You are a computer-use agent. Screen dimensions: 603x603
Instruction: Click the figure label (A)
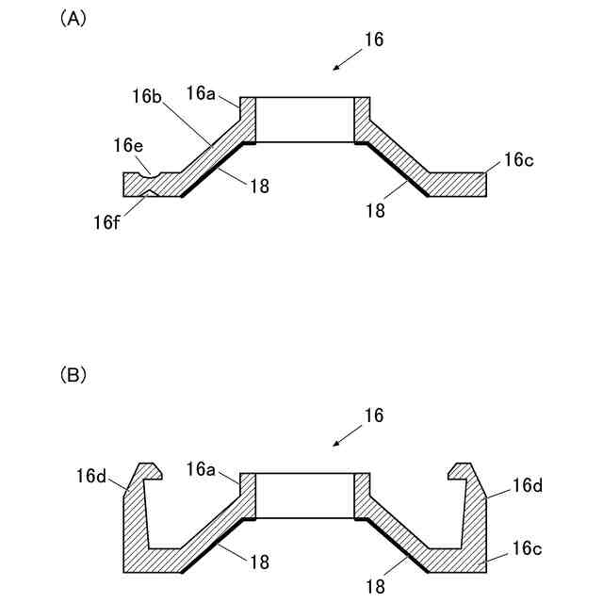click(74, 19)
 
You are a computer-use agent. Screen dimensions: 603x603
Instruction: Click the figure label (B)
click(74, 375)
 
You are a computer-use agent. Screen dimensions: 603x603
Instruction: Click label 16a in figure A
click(201, 92)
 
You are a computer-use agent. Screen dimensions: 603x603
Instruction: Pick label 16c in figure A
click(518, 159)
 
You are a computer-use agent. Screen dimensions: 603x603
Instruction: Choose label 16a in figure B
click(202, 468)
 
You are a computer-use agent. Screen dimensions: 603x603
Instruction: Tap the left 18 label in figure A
click(260, 186)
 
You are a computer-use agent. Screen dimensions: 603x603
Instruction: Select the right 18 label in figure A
click(375, 211)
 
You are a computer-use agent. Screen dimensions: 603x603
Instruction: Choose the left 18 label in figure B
click(260, 561)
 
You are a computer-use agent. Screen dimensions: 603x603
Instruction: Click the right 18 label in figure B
click(375, 586)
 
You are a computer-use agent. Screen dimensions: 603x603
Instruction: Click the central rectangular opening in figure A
click(306, 120)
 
